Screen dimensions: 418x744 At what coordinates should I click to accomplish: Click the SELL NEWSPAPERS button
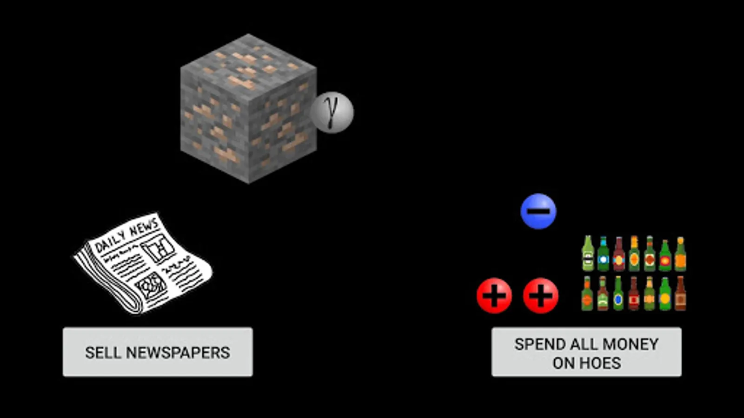click(158, 352)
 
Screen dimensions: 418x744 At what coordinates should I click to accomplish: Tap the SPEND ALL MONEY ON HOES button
click(586, 352)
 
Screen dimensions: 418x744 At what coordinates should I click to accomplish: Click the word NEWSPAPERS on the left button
click(178, 353)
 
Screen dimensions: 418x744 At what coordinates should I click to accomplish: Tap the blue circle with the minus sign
click(538, 211)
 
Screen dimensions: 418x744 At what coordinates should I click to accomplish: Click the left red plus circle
click(494, 295)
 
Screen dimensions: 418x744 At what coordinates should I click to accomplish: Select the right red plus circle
click(541, 295)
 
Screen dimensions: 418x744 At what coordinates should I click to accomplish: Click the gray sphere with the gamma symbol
click(332, 112)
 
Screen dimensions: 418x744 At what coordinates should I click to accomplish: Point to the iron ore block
click(248, 109)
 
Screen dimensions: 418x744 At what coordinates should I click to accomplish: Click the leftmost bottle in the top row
click(588, 254)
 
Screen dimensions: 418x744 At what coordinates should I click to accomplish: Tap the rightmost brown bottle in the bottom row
click(680, 294)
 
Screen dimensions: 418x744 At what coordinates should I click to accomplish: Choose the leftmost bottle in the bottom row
click(587, 294)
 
